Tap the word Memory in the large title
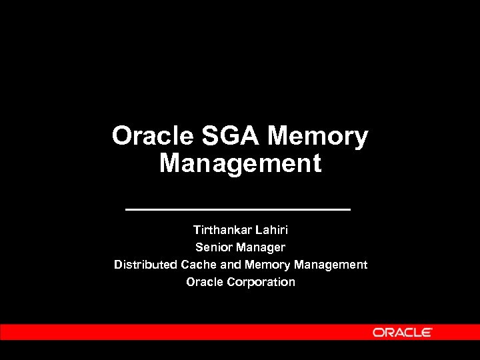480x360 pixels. point(317,136)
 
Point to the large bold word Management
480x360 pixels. point(240,163)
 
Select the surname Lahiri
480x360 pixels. point(271,230)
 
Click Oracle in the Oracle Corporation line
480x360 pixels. point(205,282)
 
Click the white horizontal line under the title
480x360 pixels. point(238,209)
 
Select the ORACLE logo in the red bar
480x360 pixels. point(402,332)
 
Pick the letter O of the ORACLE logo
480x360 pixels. point(378,332)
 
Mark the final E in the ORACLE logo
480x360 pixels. point(427,332)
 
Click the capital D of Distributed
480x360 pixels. point(118,265)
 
